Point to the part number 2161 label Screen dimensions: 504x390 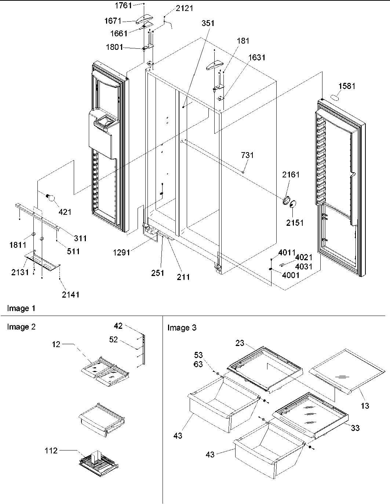[x=291, y=174]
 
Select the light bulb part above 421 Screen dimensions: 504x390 [x=51, y=198]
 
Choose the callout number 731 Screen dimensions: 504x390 [x=247, y=155]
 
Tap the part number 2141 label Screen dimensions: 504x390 [x=70, y=294]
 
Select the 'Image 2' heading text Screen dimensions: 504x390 [x=22, y=327]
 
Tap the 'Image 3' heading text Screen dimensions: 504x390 [x=182, y=328]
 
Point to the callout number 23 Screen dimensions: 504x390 [x=240, y=343]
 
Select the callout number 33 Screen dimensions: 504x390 [x=355, y=427]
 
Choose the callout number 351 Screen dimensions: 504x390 [x=208, y=23]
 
